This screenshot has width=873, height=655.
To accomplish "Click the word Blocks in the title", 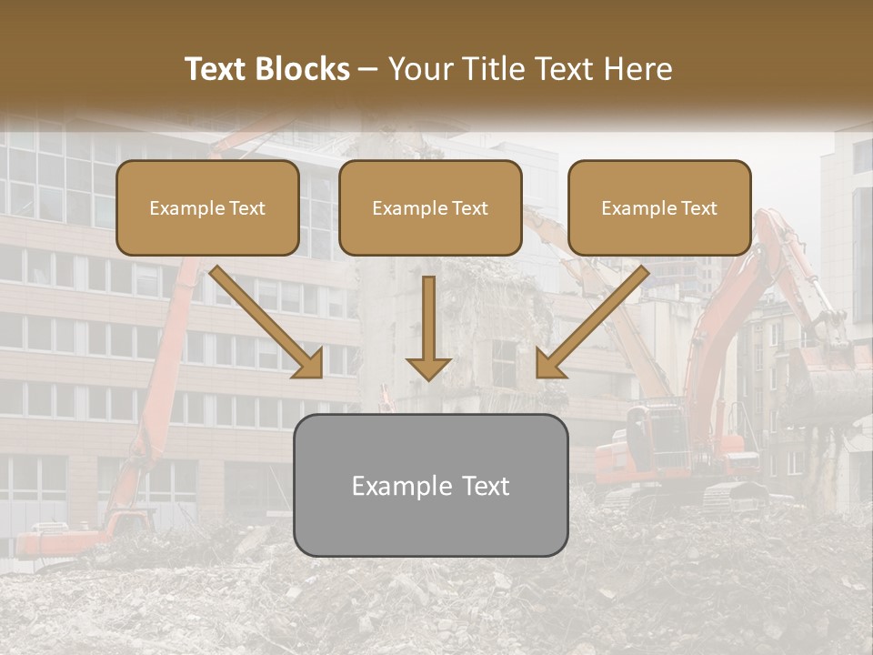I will pyautogui.click(x=303, y=69).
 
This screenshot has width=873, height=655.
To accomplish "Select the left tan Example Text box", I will pyautogui.click(x=207, y=207).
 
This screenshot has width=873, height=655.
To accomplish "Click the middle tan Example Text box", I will pyautogui.click(x=430, y=207).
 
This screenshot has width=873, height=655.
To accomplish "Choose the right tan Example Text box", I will pyautogui.click(x=659, y=207).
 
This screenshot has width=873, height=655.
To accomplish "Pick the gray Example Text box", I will pyautogui.click(x=430, y=485).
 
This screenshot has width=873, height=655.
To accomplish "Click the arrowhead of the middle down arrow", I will pyautogui.click(x=428, y=368).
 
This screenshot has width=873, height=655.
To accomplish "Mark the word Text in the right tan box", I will pyautogui.click(x=698, y=208).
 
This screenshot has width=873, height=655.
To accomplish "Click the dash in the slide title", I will pyautogui.click(x=368, y=70).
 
